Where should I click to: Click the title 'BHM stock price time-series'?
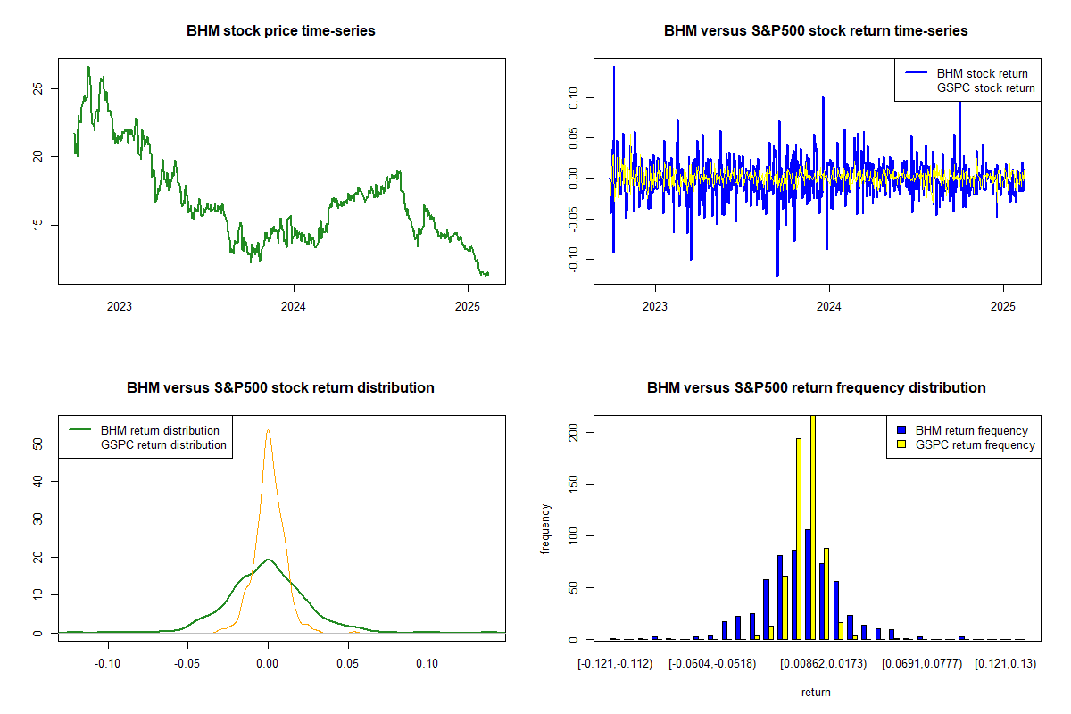point(281,30)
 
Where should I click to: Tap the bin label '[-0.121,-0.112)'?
point(615,664)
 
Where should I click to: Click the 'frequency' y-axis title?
point(546,528)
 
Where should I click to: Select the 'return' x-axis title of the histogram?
point(816,692)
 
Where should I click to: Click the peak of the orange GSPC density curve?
point(268,431)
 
